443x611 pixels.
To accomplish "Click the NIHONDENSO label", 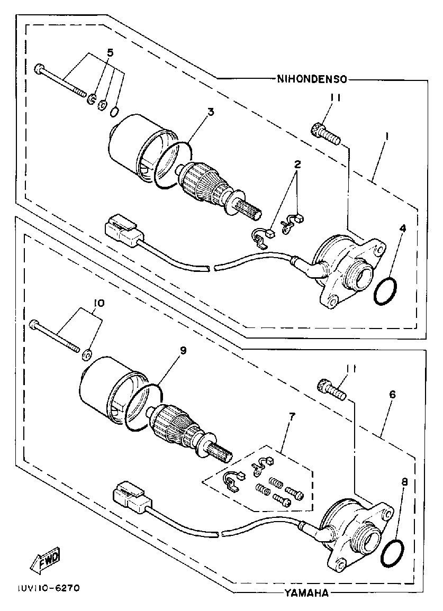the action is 312,79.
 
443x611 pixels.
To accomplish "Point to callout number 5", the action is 111,52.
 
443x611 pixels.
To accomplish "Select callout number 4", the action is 402,228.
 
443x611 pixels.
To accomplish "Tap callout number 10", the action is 98,303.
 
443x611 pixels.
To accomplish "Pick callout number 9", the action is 183,351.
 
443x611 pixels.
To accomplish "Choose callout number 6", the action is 392,394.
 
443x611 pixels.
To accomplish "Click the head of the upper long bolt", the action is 39,69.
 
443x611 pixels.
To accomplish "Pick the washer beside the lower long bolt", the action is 86,354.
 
